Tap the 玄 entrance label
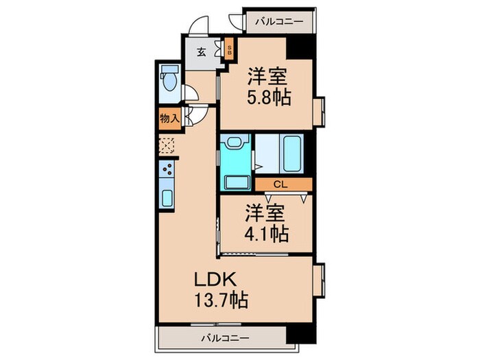tap(202, 52)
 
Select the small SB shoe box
tap(229, 50)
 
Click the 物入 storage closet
tap(169, 119)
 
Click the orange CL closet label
tap(280, 184)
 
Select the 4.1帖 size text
tap(265, 234)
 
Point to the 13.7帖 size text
tap(221, 300)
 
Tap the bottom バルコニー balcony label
tap(225, 337)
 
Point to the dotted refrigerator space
tap(167, 145)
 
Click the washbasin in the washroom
tap(235, 144)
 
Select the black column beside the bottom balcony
tap(299, 335)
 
